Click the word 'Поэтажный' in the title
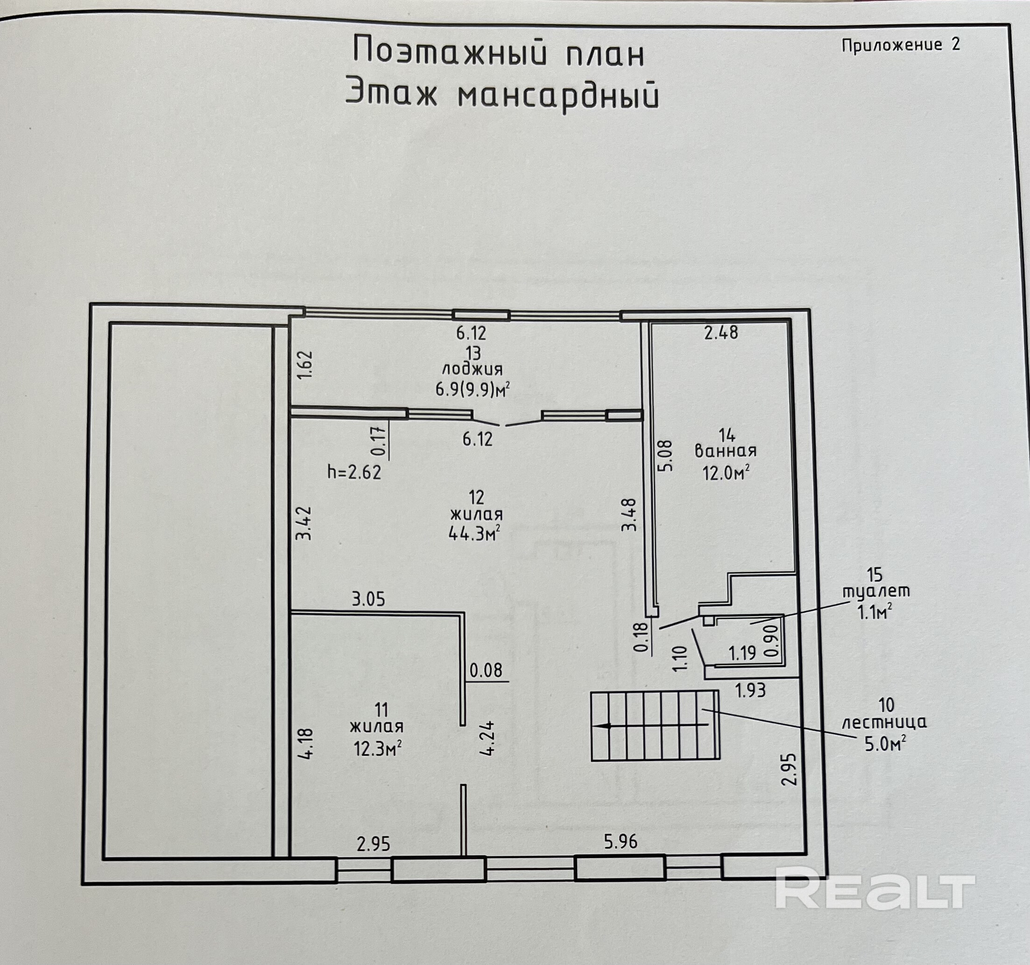[x=450, y=52]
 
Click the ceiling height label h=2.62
[x=354, y=472]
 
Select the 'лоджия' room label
[x=472, y=369]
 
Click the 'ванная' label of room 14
[x=726, y=450]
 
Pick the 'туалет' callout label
[x=875, y=591]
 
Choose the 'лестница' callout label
[x=884, y=722]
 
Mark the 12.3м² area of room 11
[x=378, y=749]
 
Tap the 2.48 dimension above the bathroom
[x=721, y=332]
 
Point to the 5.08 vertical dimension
[x=667, y=455]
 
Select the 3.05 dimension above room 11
[x=368, y=600]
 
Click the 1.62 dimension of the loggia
[x=306, y=365]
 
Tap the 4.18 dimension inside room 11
[x=306, y=744]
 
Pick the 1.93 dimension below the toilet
[x=750, y=690]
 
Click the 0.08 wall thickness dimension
[x=486, y=671]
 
